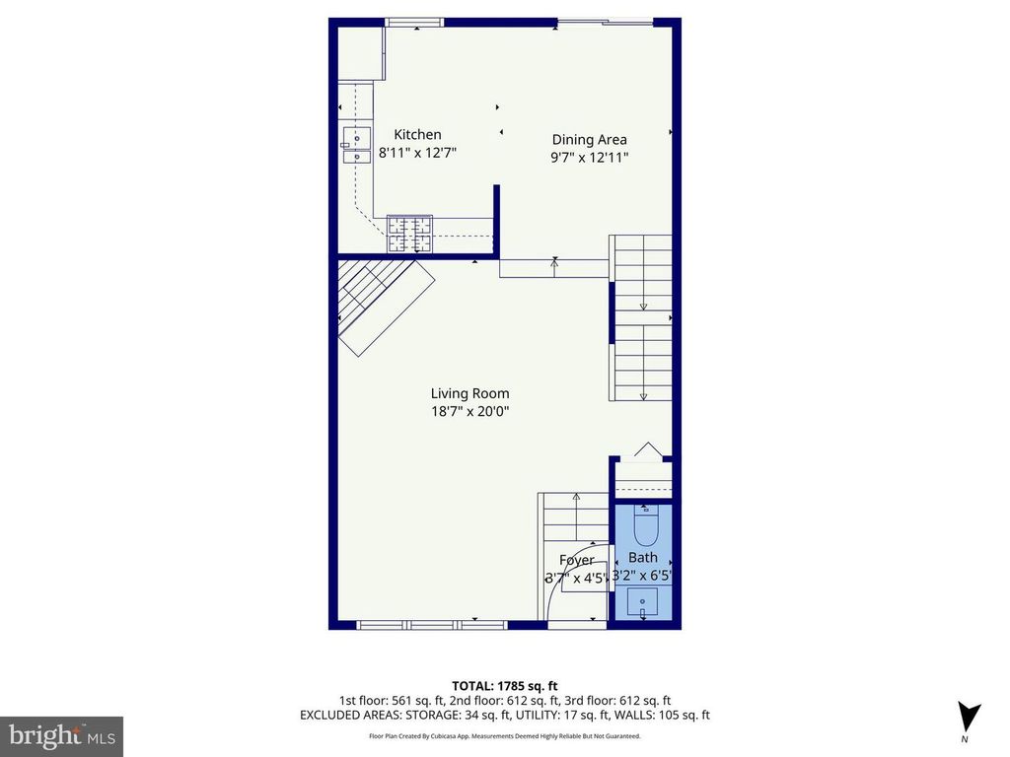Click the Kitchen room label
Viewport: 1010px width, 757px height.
[x=417, y=134]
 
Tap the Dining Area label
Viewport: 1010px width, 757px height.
[x=590, y=140]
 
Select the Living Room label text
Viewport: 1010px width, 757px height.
[x=470, y=393]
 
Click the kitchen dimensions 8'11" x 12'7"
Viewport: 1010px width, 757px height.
[x=417, y=153]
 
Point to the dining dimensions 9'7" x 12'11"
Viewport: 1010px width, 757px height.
[x=590, y=157]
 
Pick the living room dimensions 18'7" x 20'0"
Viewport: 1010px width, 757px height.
[x=470, y=411]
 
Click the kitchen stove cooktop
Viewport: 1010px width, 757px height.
[x=409, y=235]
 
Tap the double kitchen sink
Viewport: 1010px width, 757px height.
[x=356, y=146]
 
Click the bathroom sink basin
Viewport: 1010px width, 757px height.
[x=642, y=603]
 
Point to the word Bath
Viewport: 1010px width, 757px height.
[x=643, y=558]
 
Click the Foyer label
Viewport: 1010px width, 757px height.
[x=576, y=560]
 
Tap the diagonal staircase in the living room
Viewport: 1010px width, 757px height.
[x=386, y=306]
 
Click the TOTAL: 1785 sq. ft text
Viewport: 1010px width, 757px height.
[x=504, y=686]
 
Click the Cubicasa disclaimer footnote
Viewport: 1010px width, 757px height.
[x=504, y=735]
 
